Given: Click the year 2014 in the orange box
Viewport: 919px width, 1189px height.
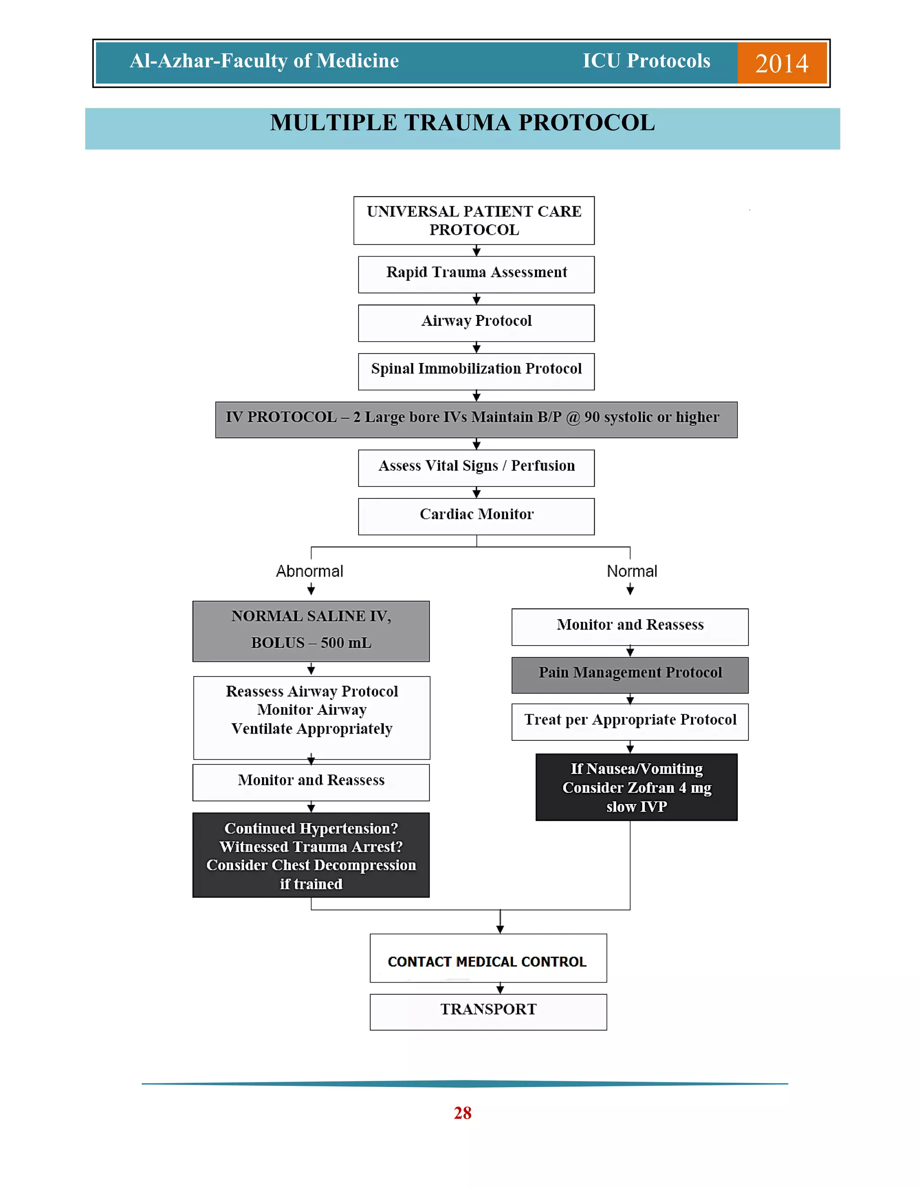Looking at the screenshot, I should pyautogui.click(x=781, y=63).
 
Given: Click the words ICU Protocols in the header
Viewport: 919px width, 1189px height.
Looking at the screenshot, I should pyautogui.click(x=646, y=61).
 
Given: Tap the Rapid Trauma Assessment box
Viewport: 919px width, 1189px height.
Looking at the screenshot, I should pyautogui.click(x=477, y=275).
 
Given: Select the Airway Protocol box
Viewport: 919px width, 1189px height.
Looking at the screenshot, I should pyautogui.click(x=477, y=323).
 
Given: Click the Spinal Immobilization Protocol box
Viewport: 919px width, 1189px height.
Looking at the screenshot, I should pyautogui.click(x=477, y=372).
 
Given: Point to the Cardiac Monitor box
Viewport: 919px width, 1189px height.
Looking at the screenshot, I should pyautogui.click(x=477, y=516).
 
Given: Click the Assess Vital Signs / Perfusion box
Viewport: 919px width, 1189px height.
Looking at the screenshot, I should pyautogui.click(x=477, y=468).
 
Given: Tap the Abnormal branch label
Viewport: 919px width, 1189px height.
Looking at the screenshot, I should pyautogui.click(x=310, y=571).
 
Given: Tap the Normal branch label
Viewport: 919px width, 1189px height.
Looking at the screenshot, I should pyautogui.click(x=631, y=571).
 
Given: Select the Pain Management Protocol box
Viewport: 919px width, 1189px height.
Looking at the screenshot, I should pyautogui.click(x=630, y=674).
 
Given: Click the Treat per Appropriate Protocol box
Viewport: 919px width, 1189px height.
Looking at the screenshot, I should pyautogui.click(x=630, y=721).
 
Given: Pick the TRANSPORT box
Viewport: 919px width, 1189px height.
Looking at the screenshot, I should pyautogui.click(x=488, y=1011).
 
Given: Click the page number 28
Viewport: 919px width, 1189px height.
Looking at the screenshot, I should pyautogui.click(x=462, y=1113).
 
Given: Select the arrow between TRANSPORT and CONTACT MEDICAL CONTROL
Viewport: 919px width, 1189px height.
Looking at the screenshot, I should pyautogui.click(x=500, y=988).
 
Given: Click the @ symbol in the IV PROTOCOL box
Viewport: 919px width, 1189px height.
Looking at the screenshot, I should pyautogui.click(x=573, y=418).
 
